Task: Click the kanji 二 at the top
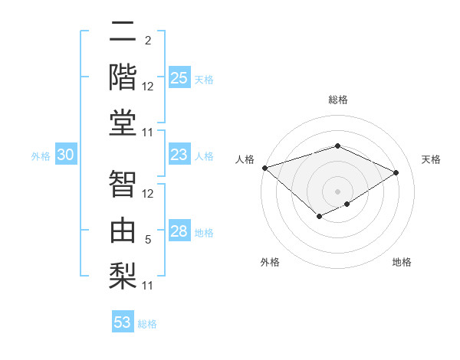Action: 123,34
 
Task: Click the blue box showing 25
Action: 179,78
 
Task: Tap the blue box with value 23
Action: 179,155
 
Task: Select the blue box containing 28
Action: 179,231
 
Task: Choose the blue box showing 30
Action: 66,155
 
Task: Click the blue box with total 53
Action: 123,322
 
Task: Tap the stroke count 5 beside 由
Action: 148,240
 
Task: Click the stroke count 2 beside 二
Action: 148,41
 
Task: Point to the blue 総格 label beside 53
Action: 147,324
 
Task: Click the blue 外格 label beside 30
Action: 41,156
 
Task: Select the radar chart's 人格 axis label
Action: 245,159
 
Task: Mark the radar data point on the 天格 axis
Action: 396,172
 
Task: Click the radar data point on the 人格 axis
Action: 264,167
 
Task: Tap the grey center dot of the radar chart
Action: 337,191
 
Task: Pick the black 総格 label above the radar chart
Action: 337,100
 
